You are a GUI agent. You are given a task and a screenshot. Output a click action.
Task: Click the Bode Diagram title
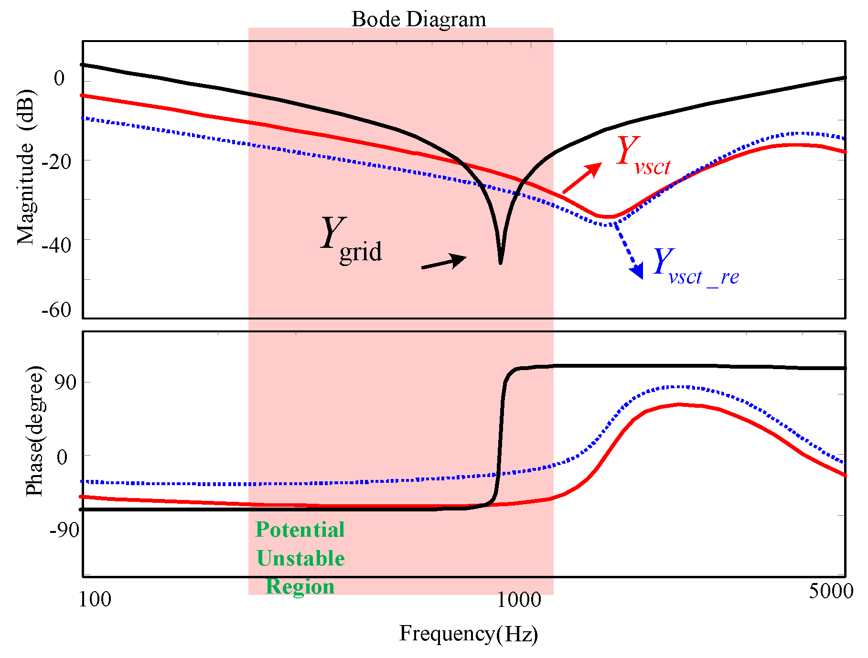point(418,20)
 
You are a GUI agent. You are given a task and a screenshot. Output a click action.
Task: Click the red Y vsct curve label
point(643,156)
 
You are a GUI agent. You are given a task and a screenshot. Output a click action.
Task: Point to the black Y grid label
point(351,240)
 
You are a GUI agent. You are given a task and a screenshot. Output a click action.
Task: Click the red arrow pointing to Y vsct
point(581,178)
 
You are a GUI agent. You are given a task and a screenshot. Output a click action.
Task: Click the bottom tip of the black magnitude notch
point(500,263)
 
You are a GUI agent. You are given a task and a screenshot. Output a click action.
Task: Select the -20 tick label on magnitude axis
point(56,162)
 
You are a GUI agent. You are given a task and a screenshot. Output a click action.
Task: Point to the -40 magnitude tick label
point(56,245)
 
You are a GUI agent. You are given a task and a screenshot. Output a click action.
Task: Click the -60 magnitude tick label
point(56,311)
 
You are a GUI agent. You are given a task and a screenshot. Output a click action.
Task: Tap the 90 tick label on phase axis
point(64,382)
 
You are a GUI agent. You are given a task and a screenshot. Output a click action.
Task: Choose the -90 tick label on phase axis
point(64,530)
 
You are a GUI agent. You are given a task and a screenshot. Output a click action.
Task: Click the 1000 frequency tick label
point(519,600)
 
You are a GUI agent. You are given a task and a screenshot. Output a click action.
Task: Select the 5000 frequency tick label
point(831,591)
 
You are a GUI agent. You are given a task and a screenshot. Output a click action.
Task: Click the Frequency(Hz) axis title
point(468,634)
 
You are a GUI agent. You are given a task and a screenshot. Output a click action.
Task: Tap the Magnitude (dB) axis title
point(26,167)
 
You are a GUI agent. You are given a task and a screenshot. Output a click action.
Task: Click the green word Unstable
point(300,559)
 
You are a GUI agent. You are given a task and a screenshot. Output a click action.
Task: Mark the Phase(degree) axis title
point(35,431)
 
